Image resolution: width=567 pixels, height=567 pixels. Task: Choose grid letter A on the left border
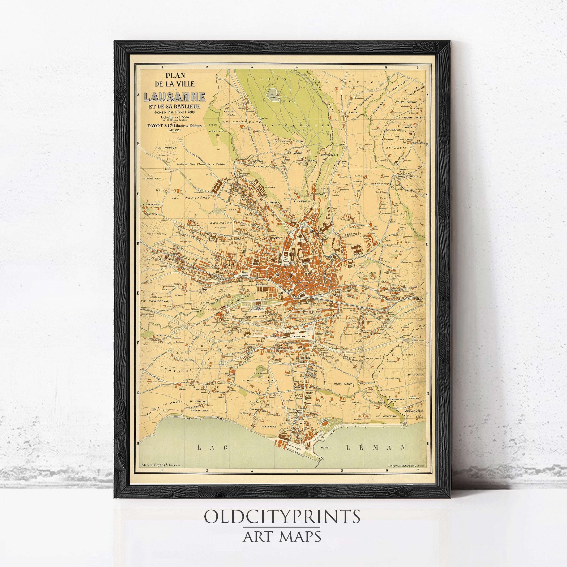[137, 94]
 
